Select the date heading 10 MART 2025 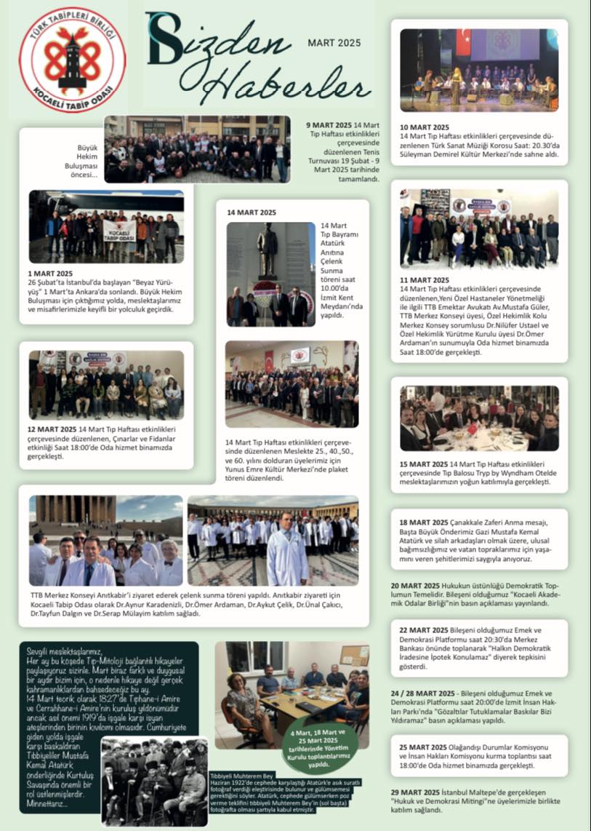click(425, 127)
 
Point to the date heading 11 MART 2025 click(425, 279)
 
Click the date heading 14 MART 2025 click(252, 212)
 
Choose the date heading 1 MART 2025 click(51, 273)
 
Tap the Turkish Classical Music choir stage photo click(479, 70)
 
